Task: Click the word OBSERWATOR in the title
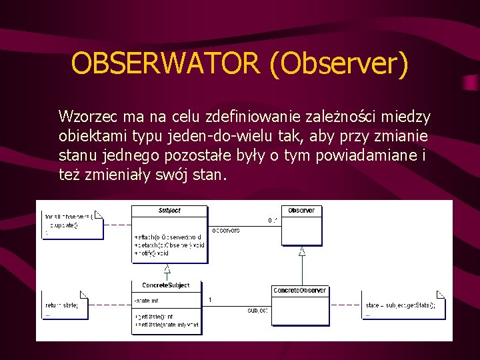[x=166, y=64]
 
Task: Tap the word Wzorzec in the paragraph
[x=83, y=117]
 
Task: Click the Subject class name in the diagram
[x=169, y=211]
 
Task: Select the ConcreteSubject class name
[x=165, y=285]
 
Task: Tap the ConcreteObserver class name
[x=300, y=291]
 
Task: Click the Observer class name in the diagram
[x=301, y=211]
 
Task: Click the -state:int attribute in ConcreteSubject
[x=147, y=301]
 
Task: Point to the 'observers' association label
[x=226, y=231]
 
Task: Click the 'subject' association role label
[x=258, y=311]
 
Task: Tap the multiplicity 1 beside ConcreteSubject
[x=211, y=300]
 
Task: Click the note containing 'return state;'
[x=64, y=305]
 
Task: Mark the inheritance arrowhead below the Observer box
[x=302, y=251]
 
